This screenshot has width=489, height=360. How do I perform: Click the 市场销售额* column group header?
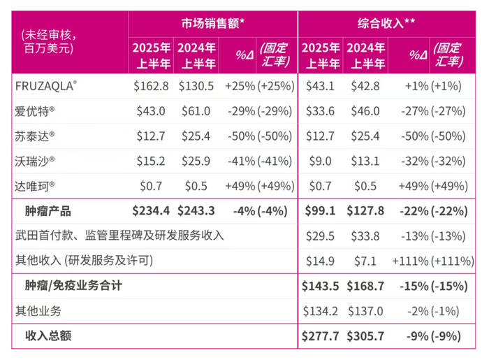click(213, 22)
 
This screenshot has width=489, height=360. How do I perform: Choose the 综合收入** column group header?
click(382, 22)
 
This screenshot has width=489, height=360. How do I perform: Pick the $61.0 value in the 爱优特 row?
click(195, 110)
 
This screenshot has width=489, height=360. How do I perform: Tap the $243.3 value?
click(196, 210)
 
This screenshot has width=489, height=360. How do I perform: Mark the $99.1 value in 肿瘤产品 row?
click(320, 210)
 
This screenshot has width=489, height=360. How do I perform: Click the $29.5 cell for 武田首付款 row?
click(320, 236)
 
